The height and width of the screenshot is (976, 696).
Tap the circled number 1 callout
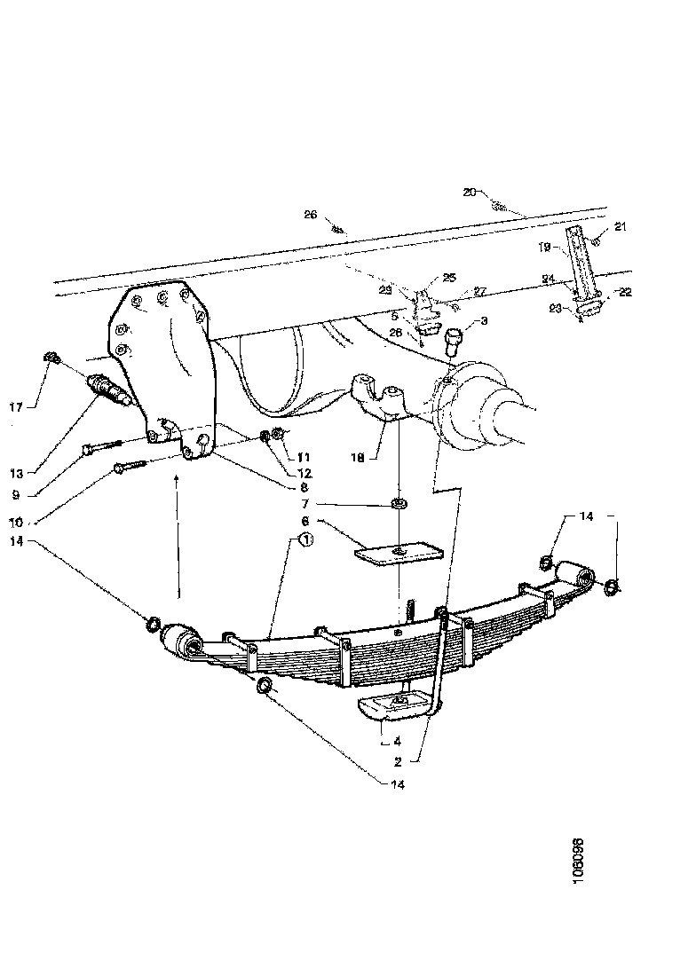[x=304, y=539]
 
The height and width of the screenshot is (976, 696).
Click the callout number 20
[x=470, y=191]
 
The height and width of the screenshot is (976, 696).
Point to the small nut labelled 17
[x=51, y=358]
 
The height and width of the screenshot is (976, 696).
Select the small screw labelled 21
[x=597, y=239]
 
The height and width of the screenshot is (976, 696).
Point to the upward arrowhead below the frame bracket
[x=178, y=480]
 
